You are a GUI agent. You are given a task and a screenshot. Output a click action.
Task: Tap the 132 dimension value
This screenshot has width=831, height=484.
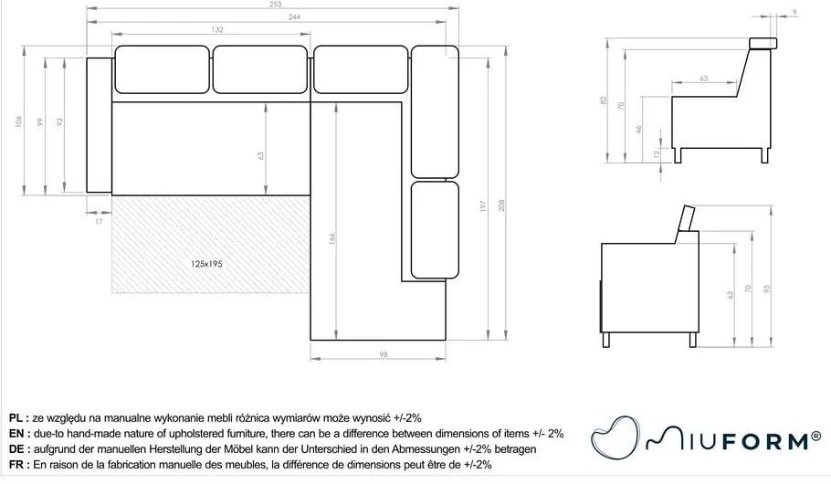(x=218, y=30)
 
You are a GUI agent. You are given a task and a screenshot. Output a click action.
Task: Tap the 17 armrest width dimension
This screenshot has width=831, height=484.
(x=99, y=220)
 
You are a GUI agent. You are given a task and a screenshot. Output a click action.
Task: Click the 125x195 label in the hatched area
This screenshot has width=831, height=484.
(x=206, y=263)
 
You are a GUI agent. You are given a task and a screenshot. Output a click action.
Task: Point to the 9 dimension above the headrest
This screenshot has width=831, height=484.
(x=794, y=12)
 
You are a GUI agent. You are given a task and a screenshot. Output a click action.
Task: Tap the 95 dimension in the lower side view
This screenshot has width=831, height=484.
(x=768, y=289)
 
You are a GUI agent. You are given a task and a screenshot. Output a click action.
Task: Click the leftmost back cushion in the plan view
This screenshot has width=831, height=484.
(x=162, y=69)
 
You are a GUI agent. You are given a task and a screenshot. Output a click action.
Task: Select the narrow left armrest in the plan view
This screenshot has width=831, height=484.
(x=98, y=124)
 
